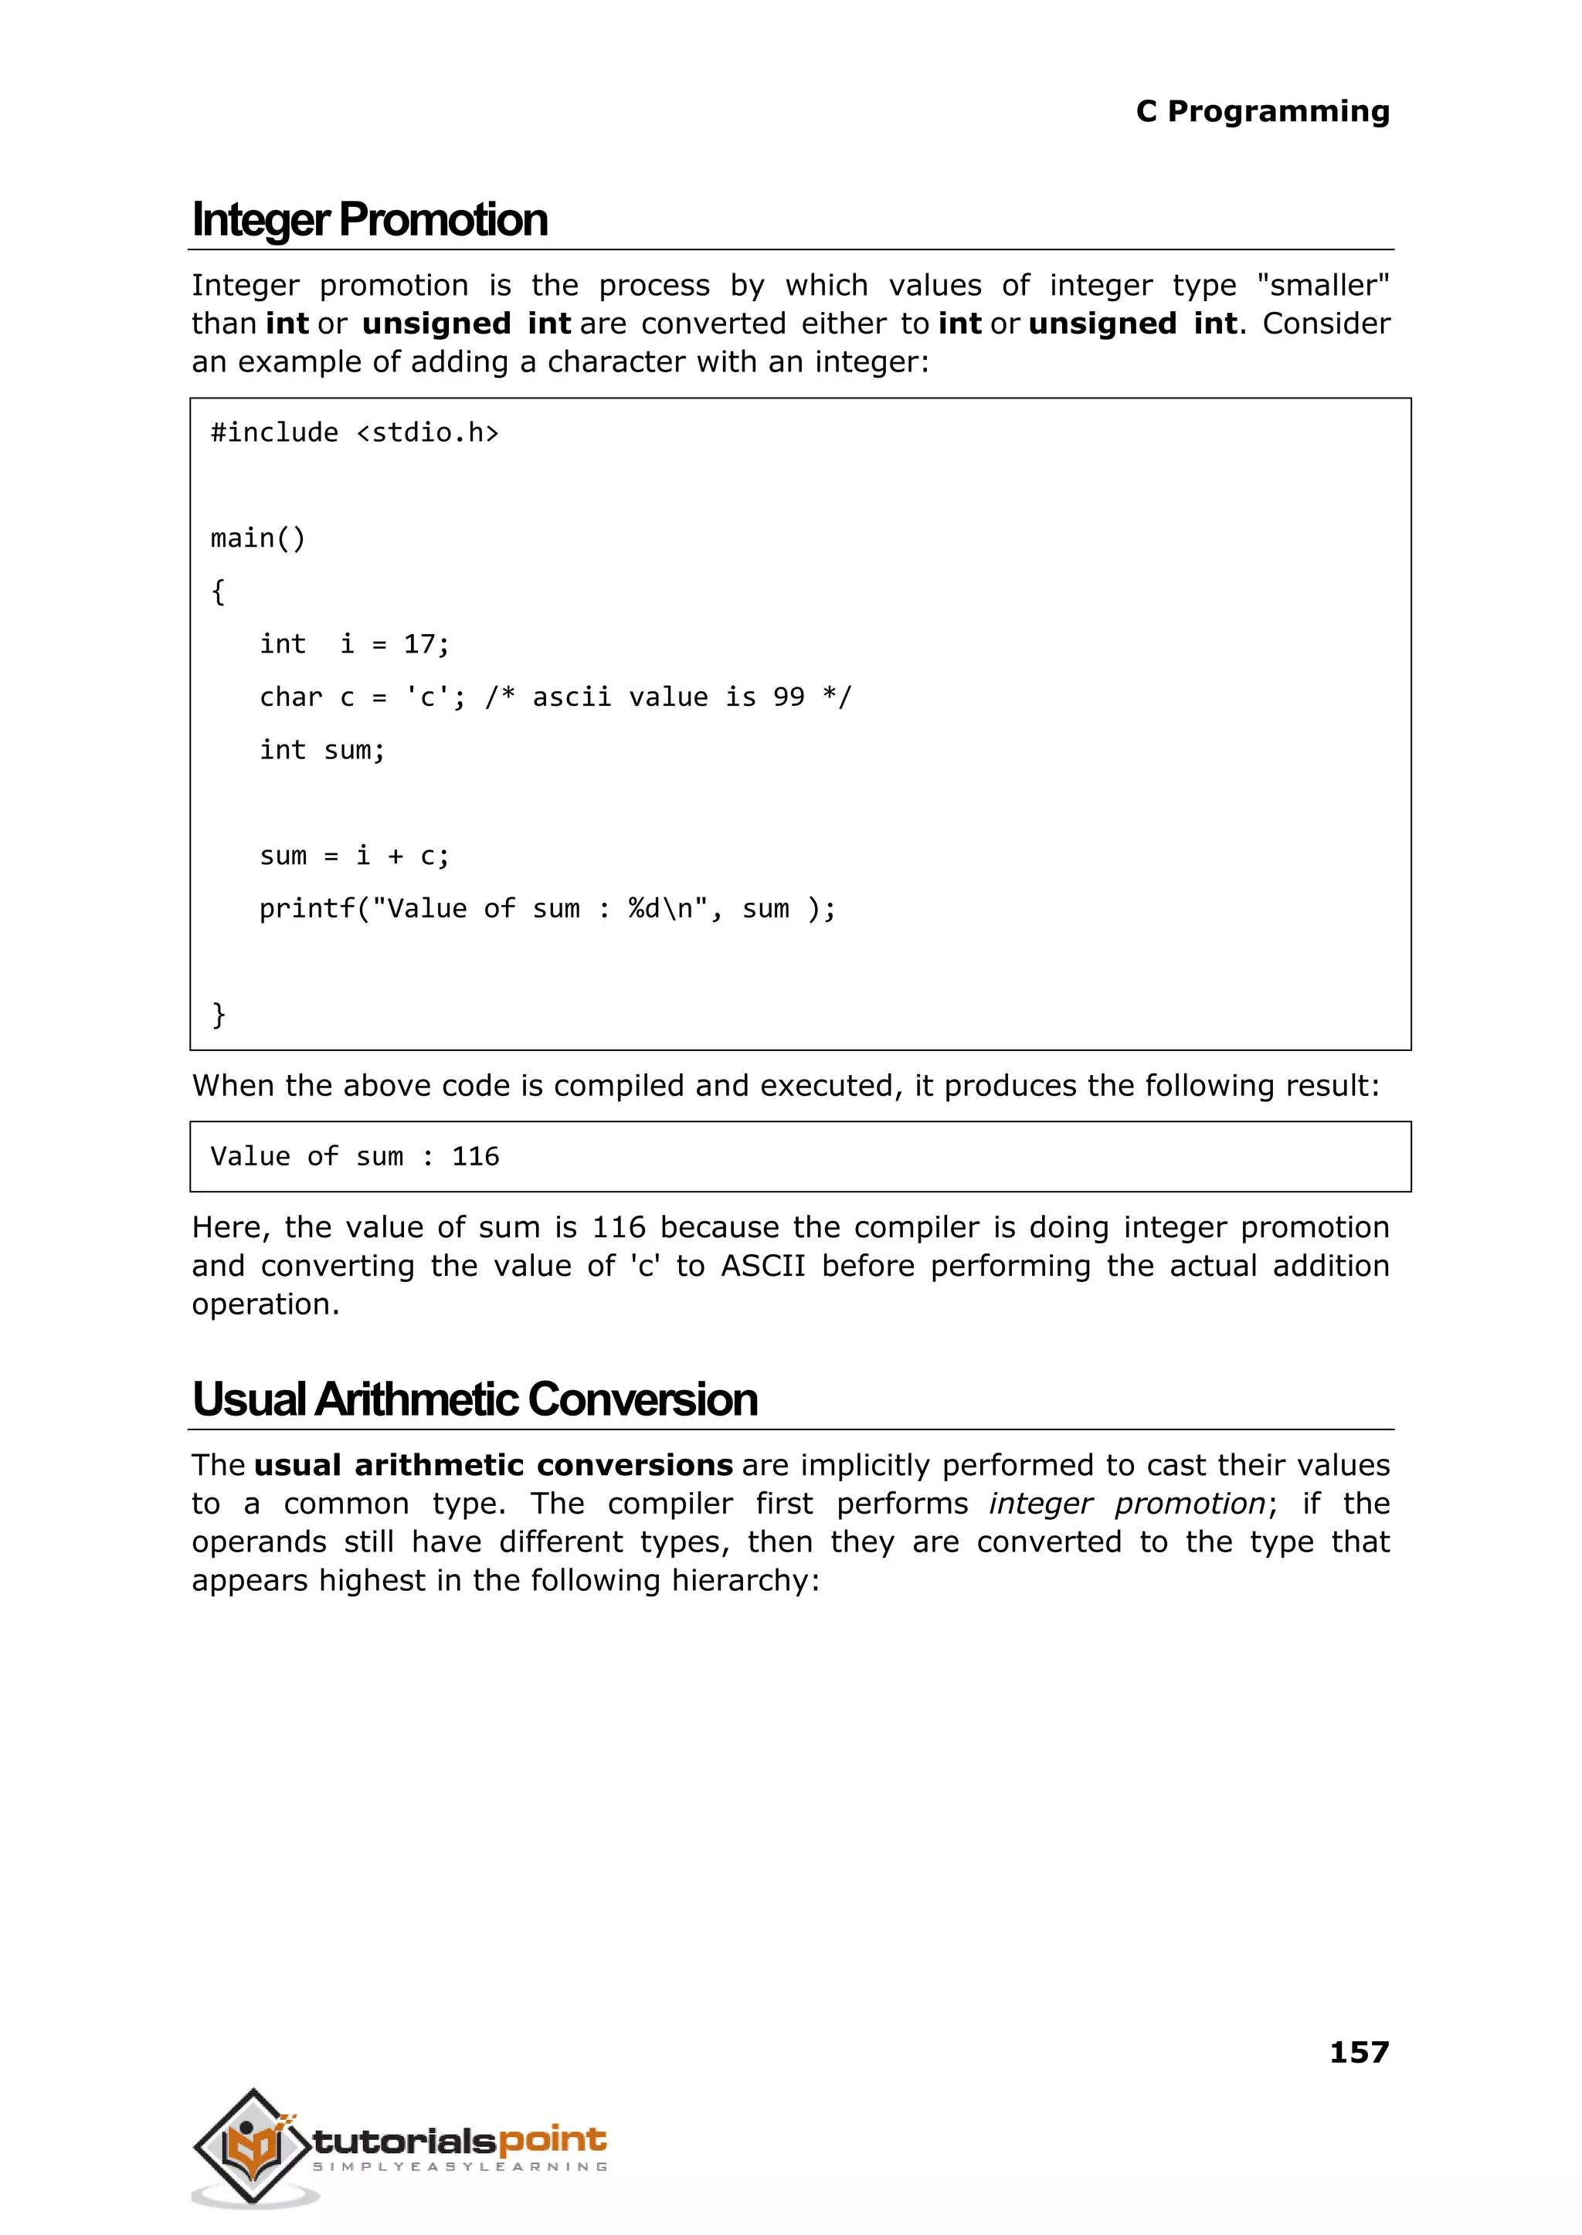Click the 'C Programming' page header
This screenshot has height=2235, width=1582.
[x=1261, y=111]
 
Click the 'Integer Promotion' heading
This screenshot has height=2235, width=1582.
[x=369, y=220]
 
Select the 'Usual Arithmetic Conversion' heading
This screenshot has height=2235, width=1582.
[x=474, y=1399]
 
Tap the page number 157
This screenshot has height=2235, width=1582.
[x=1358, y=2052]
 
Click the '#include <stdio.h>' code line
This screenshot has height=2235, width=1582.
[x=355, y=432]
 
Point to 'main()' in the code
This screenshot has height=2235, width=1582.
[x=258, y=538]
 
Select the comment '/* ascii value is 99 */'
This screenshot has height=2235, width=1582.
[x=667, y=697]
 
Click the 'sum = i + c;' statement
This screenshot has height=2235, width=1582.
[x=355, y=856]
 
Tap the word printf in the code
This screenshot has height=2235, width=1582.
[x=307, y=909]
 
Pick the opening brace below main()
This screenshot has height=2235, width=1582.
[x=218, y=591]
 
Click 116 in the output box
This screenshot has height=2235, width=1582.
[x=475, y=1157]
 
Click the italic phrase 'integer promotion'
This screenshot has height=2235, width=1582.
[x=1127, y=1504]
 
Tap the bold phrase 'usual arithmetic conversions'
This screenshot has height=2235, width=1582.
[x=493, y=1466]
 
